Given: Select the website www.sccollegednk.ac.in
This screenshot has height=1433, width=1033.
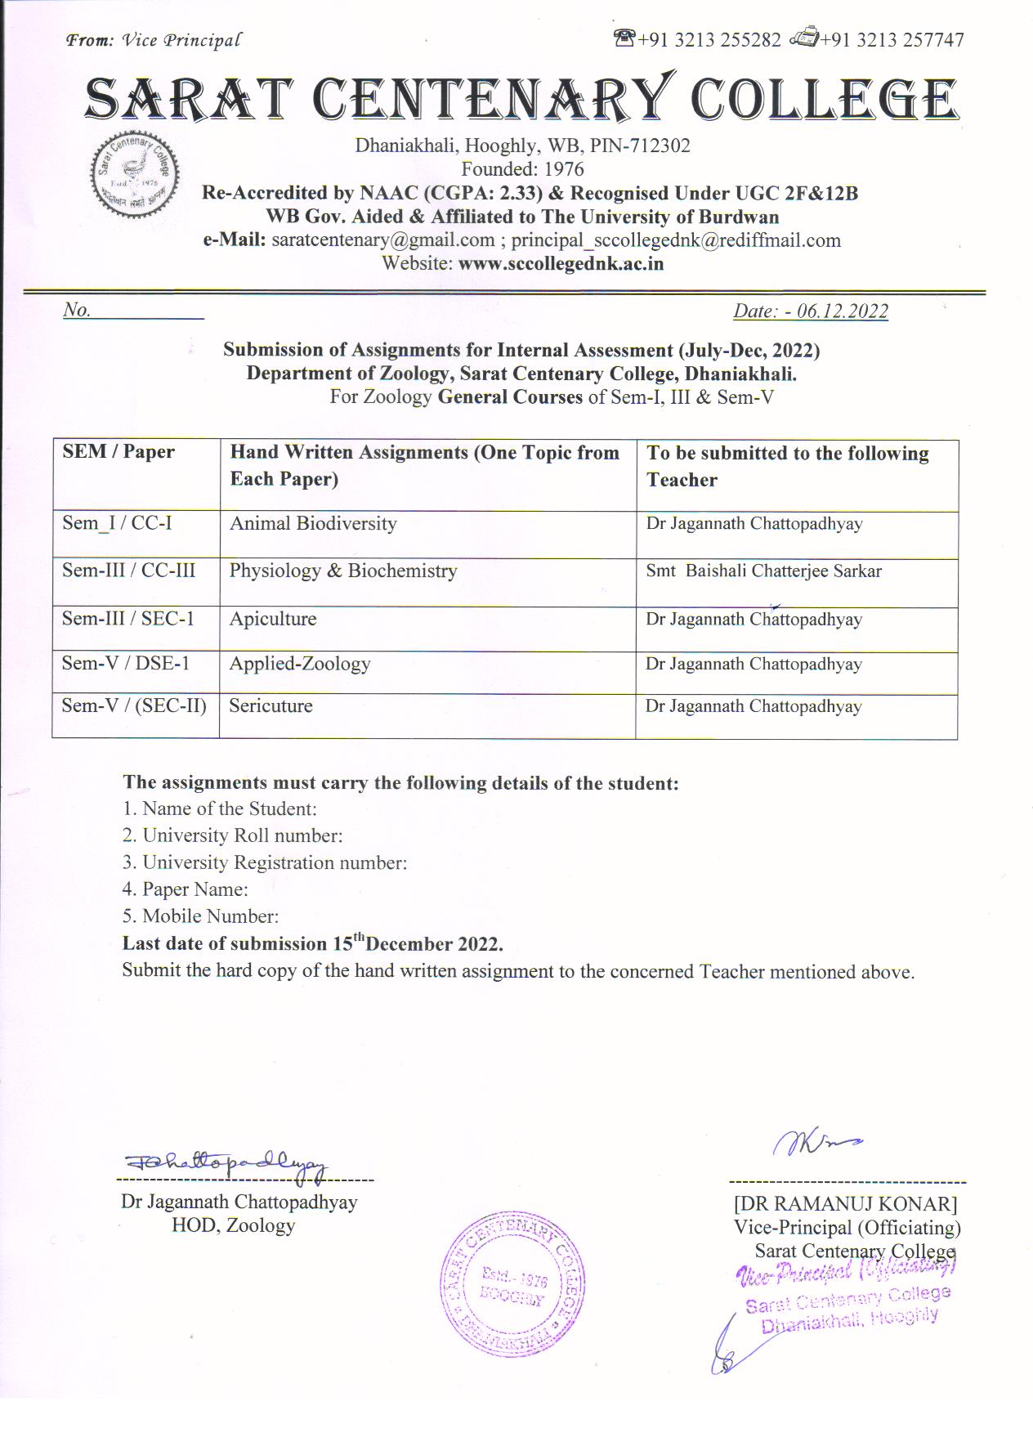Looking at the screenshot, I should tap(561, 264).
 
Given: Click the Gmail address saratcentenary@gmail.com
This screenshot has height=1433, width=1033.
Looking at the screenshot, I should tap(383, 240).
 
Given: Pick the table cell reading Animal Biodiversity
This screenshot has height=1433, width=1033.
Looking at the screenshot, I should tap(313, 524).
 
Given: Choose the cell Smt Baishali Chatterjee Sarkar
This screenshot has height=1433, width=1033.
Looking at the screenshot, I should tap(763, 571).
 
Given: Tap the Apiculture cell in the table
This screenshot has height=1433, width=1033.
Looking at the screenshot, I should tap(273, 619).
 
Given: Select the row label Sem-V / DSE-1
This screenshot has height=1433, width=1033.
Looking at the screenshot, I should tap(126, 664).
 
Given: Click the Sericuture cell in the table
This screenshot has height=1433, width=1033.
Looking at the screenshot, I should tap(271, 706).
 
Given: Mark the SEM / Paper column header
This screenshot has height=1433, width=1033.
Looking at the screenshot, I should tap(119, 452).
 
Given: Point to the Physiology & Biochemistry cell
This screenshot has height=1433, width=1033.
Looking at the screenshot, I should tap(343, 571).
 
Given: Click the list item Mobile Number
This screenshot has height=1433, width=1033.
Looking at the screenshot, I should tap(210, 916).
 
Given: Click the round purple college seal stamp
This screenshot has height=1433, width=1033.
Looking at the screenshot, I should tap(512, 1284).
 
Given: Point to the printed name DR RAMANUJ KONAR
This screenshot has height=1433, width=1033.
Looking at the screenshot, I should tap(845, 1204).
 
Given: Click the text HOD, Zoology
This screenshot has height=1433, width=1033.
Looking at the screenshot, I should tap(233, 1225).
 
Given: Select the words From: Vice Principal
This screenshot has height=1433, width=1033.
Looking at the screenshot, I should tap(154, 40).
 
